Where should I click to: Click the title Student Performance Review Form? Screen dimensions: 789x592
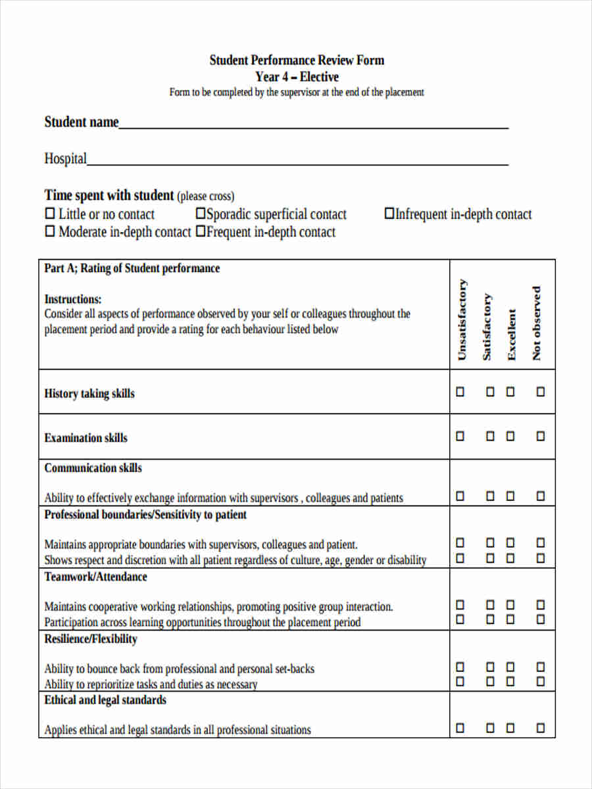(297, 60)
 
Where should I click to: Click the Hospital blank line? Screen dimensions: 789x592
(297, 162)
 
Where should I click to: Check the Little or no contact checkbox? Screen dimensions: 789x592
(50, 214)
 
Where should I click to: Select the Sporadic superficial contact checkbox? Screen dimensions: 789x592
(201, 214)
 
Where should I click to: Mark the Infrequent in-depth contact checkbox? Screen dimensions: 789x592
(389, 214)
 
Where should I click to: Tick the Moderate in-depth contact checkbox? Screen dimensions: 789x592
(50, 231)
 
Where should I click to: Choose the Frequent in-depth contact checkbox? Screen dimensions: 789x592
(201, 231)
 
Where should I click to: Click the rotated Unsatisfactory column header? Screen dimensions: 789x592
(462, 320)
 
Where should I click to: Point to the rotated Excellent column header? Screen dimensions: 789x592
(512, 335)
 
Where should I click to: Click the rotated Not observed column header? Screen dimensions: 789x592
(537, 323)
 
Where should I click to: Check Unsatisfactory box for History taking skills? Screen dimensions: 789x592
(460, 392)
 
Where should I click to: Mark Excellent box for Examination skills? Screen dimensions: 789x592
(510, 436)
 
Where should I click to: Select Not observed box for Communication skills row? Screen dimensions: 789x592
(541, 496)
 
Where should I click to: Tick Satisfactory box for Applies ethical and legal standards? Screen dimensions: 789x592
(490, 728)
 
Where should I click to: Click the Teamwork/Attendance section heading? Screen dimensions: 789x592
(96, 577)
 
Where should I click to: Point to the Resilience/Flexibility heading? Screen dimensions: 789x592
(91, 639)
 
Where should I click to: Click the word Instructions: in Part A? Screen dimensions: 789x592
(73, 299)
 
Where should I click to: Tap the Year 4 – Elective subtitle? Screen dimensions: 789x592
(297, 77)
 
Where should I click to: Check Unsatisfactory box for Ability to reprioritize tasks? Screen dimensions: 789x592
(460, 681)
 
